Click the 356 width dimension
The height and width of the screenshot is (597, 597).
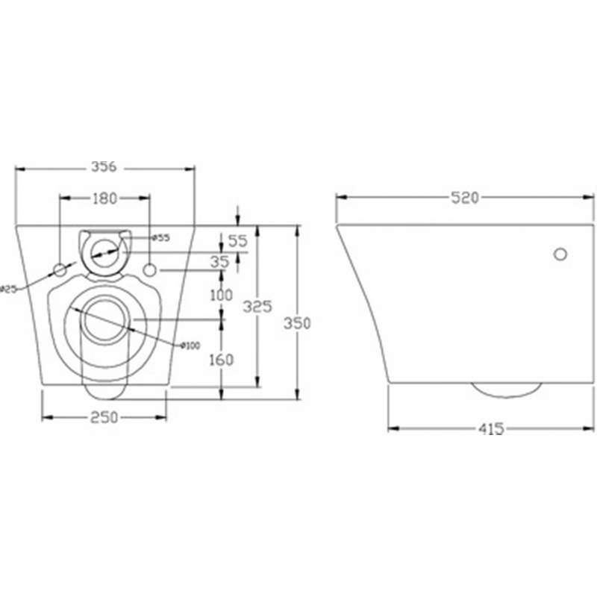104,166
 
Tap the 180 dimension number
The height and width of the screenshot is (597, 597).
104,199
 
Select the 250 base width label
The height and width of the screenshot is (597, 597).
104,418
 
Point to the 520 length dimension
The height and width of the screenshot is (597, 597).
464,198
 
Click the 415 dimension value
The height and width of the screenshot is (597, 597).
491,429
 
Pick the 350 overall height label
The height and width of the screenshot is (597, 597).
297,323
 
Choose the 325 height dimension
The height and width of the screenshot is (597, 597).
257,307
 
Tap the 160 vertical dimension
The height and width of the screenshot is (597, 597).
222,360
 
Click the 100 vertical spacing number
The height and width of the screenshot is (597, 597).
222,295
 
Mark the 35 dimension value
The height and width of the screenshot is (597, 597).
220,262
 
